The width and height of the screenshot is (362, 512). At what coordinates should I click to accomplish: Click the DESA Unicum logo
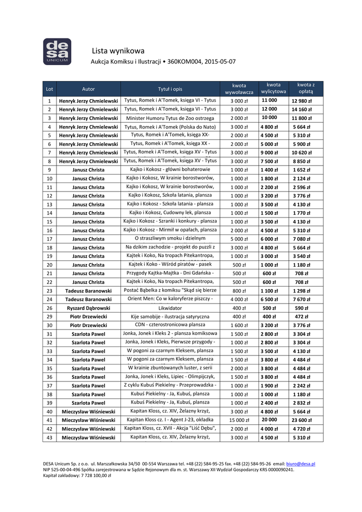coord(57,51)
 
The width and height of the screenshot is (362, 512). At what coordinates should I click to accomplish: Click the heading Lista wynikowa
coord(118,50)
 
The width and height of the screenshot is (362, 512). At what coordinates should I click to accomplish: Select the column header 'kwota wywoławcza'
coord(239,89)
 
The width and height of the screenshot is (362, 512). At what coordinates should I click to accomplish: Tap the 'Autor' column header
coord(88,89)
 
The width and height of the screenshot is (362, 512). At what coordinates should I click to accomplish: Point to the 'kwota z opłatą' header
coord(305,88)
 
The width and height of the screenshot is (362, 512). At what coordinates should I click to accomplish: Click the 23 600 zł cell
coord(302,420)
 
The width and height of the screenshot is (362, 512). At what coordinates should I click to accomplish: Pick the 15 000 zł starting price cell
coord(239,420)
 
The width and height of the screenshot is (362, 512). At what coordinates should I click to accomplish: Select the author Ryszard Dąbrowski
coord(88,308)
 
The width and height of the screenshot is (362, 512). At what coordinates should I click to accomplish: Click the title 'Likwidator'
coord(170,308)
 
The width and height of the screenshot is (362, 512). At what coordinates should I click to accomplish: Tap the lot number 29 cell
coord(49,317)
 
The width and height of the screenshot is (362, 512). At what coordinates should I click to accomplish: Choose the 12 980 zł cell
coord(301,101)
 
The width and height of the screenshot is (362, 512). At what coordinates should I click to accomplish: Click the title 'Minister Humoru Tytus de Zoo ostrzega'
coord(170,118)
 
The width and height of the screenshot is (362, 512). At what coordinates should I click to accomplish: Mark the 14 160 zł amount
coord(301,109)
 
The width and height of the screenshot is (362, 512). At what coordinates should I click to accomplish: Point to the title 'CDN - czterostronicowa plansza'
coord(170,325)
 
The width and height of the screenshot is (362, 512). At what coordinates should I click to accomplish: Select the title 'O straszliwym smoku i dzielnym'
coord(170,238)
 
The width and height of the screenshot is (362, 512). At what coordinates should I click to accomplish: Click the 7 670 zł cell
coord(301,299)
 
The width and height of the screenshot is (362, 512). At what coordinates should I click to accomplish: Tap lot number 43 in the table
coord(49,437)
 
